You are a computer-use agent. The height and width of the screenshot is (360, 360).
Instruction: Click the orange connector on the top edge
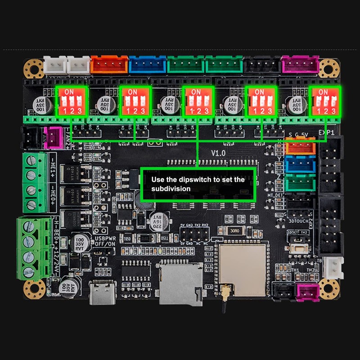click(109, 65)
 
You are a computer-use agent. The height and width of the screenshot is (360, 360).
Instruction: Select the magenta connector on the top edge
click(300, 66)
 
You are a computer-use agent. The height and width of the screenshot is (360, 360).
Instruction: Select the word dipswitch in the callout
click(193, 180)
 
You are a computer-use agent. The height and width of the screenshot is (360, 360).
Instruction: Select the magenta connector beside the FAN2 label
click(54, 137)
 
